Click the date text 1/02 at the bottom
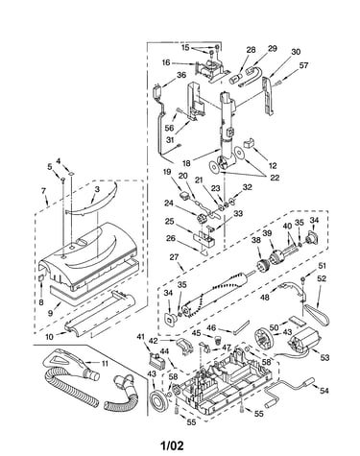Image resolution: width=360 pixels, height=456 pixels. pyautogui.click(x=172, y=445)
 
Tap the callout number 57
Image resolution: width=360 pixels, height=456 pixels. pyautogui.click(x=303, y=65)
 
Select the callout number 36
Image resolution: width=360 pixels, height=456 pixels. pyautogui.click(x=181, y=75)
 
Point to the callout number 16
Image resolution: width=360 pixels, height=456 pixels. pyautogui.click(x=166, y=62)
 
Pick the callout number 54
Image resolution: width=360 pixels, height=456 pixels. pyautogui.click(x=324, y=391)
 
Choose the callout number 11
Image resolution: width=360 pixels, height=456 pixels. pyautogui.click(x=105, y=364)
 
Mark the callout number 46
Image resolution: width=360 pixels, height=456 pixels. pyautogui.click(x=211, y=328)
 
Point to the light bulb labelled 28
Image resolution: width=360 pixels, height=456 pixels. pyautogui.click(x=235, y=79)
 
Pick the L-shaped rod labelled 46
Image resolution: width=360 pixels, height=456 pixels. pyautogui.click(x=241, y=327)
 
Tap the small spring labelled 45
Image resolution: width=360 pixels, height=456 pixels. pyautogui.click(x=218, y=339)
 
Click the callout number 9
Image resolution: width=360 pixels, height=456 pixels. pyautogui.click(x=50, y=313)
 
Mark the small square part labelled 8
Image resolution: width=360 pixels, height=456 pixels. pyautogui.click(x=41, y=277)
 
